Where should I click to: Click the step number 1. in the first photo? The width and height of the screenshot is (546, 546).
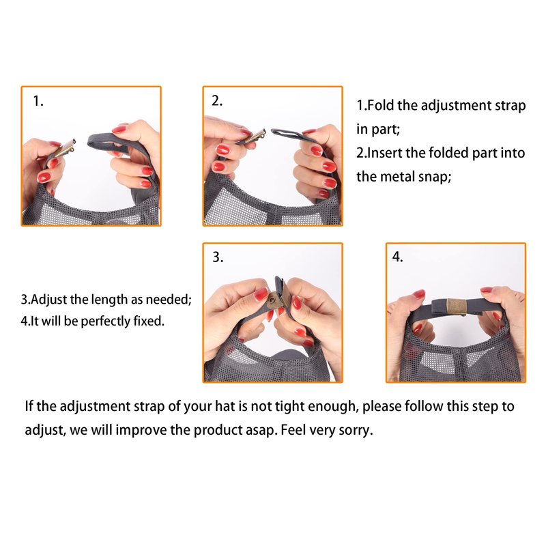click(x=38, y=101)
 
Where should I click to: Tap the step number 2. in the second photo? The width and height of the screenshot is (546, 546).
click(x=216, y=100)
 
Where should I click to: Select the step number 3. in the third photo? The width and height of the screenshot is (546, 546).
click(x=218, y=257)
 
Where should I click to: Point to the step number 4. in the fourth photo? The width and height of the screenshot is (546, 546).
click(x=397, y=257)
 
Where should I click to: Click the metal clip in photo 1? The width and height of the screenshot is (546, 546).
click(x=65, y=149)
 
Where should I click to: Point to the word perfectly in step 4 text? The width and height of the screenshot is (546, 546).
click(x=105, y=321)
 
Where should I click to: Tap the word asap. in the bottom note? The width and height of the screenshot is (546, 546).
click(x=261, y=431)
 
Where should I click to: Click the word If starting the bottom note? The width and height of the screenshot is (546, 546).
click(x=29, y=406)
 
